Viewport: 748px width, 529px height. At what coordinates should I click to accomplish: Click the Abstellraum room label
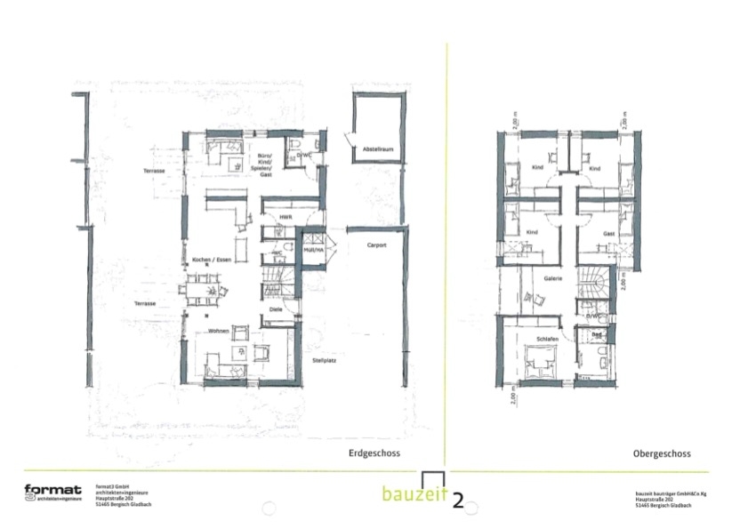click(x=371, y=149)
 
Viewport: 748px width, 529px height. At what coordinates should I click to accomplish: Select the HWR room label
click(x=286, y=217)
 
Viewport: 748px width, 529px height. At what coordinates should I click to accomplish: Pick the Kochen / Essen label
click(x=210, y=260)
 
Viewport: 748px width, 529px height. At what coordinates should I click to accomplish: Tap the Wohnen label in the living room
click(x=219, y=331)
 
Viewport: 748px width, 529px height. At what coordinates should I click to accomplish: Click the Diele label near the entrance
click(x=275, y=309)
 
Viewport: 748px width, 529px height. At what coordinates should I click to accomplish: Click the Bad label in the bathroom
click(x=597, y=335)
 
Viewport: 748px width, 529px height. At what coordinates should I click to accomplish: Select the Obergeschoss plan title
click(x=662, y=453)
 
